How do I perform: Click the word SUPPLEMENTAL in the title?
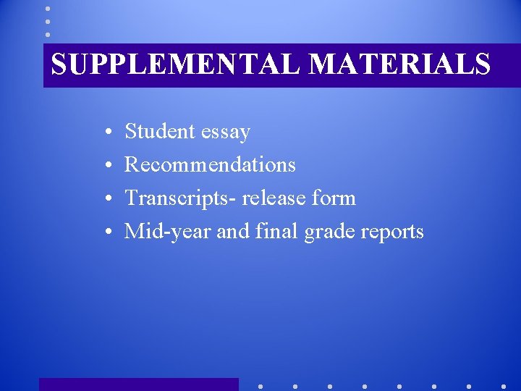click(177, 64)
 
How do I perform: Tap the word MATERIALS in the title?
click(400, 64)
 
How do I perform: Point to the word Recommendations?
click(210, 165)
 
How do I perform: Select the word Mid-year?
click(168, 232)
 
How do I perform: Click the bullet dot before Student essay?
click(106, 133)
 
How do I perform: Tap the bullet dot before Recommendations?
click(106, 167)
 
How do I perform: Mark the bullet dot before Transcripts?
click(106, 200)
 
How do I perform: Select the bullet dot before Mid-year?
click(106, 233)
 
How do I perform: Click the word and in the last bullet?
click(232, 232)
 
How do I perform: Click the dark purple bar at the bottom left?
click(138, 384)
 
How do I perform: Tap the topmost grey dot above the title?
click(48, 9)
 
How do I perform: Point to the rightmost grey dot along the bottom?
click(504, 387)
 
